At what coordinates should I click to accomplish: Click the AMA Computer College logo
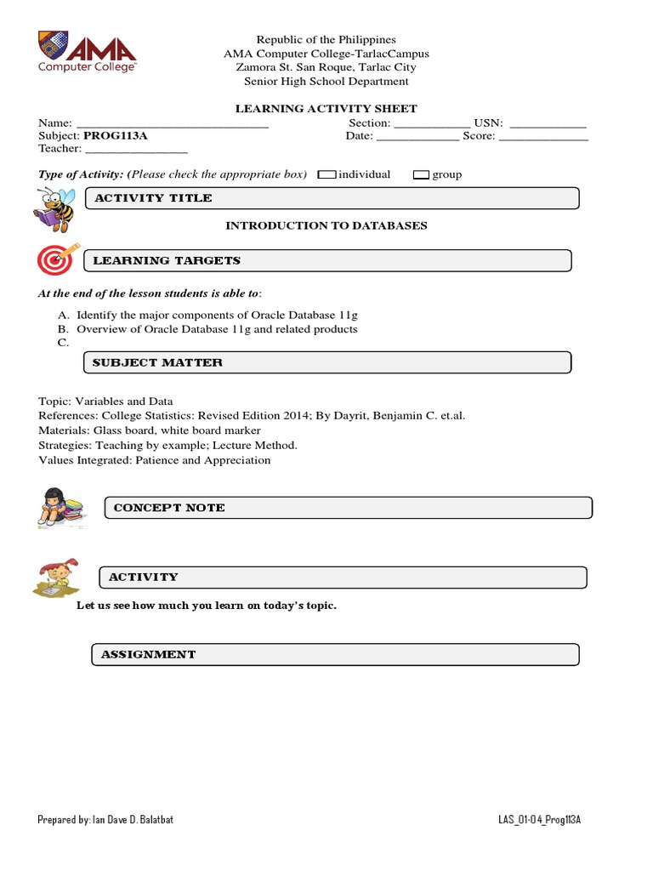(87, 52)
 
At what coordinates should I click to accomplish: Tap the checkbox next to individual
(326, 174)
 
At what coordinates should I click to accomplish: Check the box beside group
(421, 174)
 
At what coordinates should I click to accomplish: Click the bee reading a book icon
(54, 210)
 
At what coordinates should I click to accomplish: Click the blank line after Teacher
(136, 149)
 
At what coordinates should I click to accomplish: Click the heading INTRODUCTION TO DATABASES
(326, 225)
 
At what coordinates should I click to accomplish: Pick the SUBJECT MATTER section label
(157, 362)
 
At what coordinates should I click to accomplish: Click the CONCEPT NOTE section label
(169, 508)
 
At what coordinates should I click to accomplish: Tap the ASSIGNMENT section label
(148, 654)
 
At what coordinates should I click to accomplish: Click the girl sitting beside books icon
(61, 508)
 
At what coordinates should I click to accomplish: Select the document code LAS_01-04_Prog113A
(539, 820)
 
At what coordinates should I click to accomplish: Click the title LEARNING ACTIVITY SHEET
(326, 109)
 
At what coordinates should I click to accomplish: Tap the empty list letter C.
(63, 342)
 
